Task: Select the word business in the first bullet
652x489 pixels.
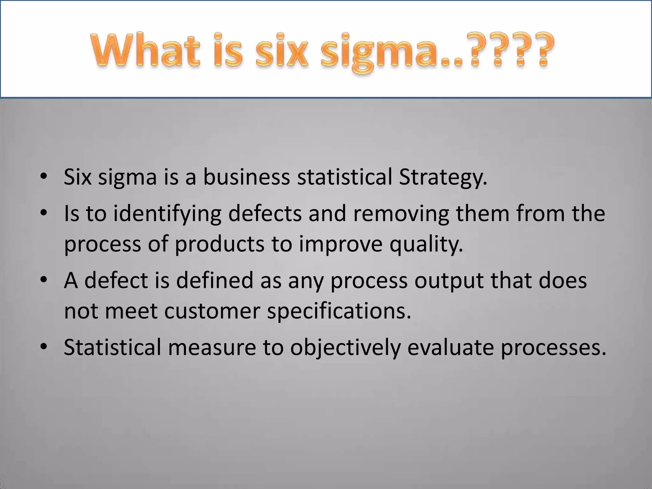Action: [246, 177]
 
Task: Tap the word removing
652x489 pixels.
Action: [401, 214]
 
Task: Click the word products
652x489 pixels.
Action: [220, 244]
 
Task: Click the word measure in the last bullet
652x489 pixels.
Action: [212, 347]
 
